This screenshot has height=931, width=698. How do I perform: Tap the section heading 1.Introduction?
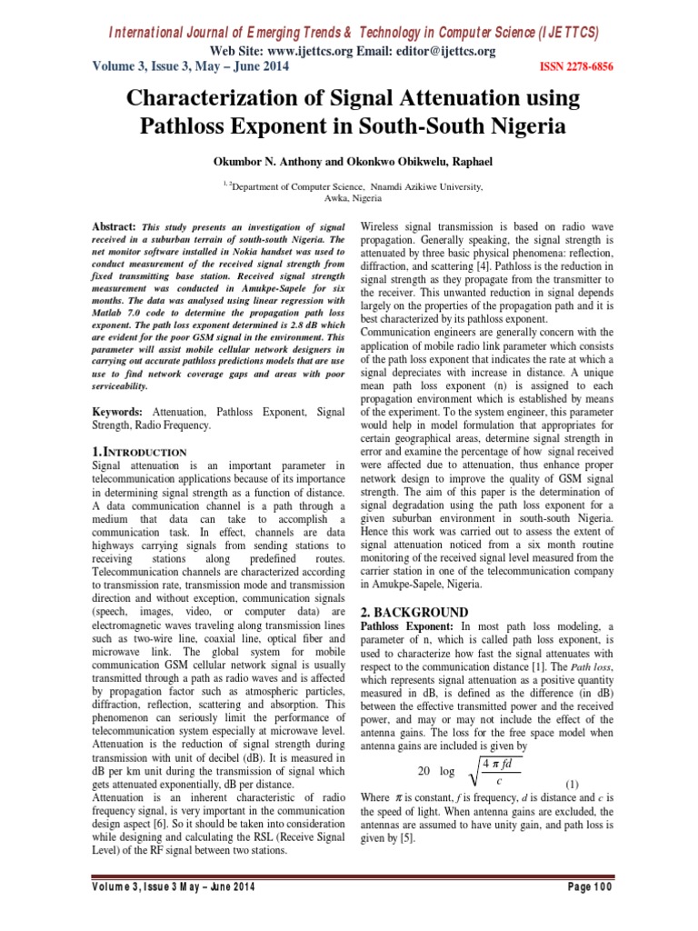[140, 451]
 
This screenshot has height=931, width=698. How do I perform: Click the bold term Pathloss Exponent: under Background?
[407, 626]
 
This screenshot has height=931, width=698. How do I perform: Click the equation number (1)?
[573, 784]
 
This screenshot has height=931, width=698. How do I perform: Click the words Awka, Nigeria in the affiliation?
[354, 196]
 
